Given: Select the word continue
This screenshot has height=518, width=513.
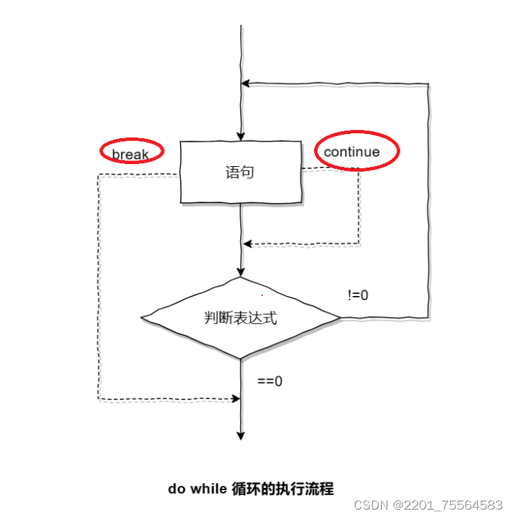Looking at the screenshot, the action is tap(352, 152).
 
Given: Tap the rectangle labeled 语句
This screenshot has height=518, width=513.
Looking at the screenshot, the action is tap(240, 172).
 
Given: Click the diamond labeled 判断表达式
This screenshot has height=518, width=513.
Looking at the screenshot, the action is tap(240, 318).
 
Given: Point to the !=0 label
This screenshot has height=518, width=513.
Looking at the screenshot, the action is tap(358, 295).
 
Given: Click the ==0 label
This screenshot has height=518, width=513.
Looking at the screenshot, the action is tap(270, 381).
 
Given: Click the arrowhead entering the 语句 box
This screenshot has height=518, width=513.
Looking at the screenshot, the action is tap(241, 137).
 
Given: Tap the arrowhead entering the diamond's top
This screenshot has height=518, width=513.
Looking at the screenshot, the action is tap(241, 272).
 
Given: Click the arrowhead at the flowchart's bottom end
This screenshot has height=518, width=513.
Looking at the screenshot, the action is tap(241, 436).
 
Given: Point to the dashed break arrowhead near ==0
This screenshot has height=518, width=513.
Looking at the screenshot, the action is tap(235, 399).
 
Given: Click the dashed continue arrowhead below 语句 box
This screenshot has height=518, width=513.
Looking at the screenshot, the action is tap(246, 244).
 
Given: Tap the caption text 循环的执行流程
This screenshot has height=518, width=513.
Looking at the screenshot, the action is tap(282, 489).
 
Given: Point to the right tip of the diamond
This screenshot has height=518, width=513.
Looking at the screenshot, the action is tap(340, 318).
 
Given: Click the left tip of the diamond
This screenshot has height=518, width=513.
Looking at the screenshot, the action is tap(142, 318).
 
